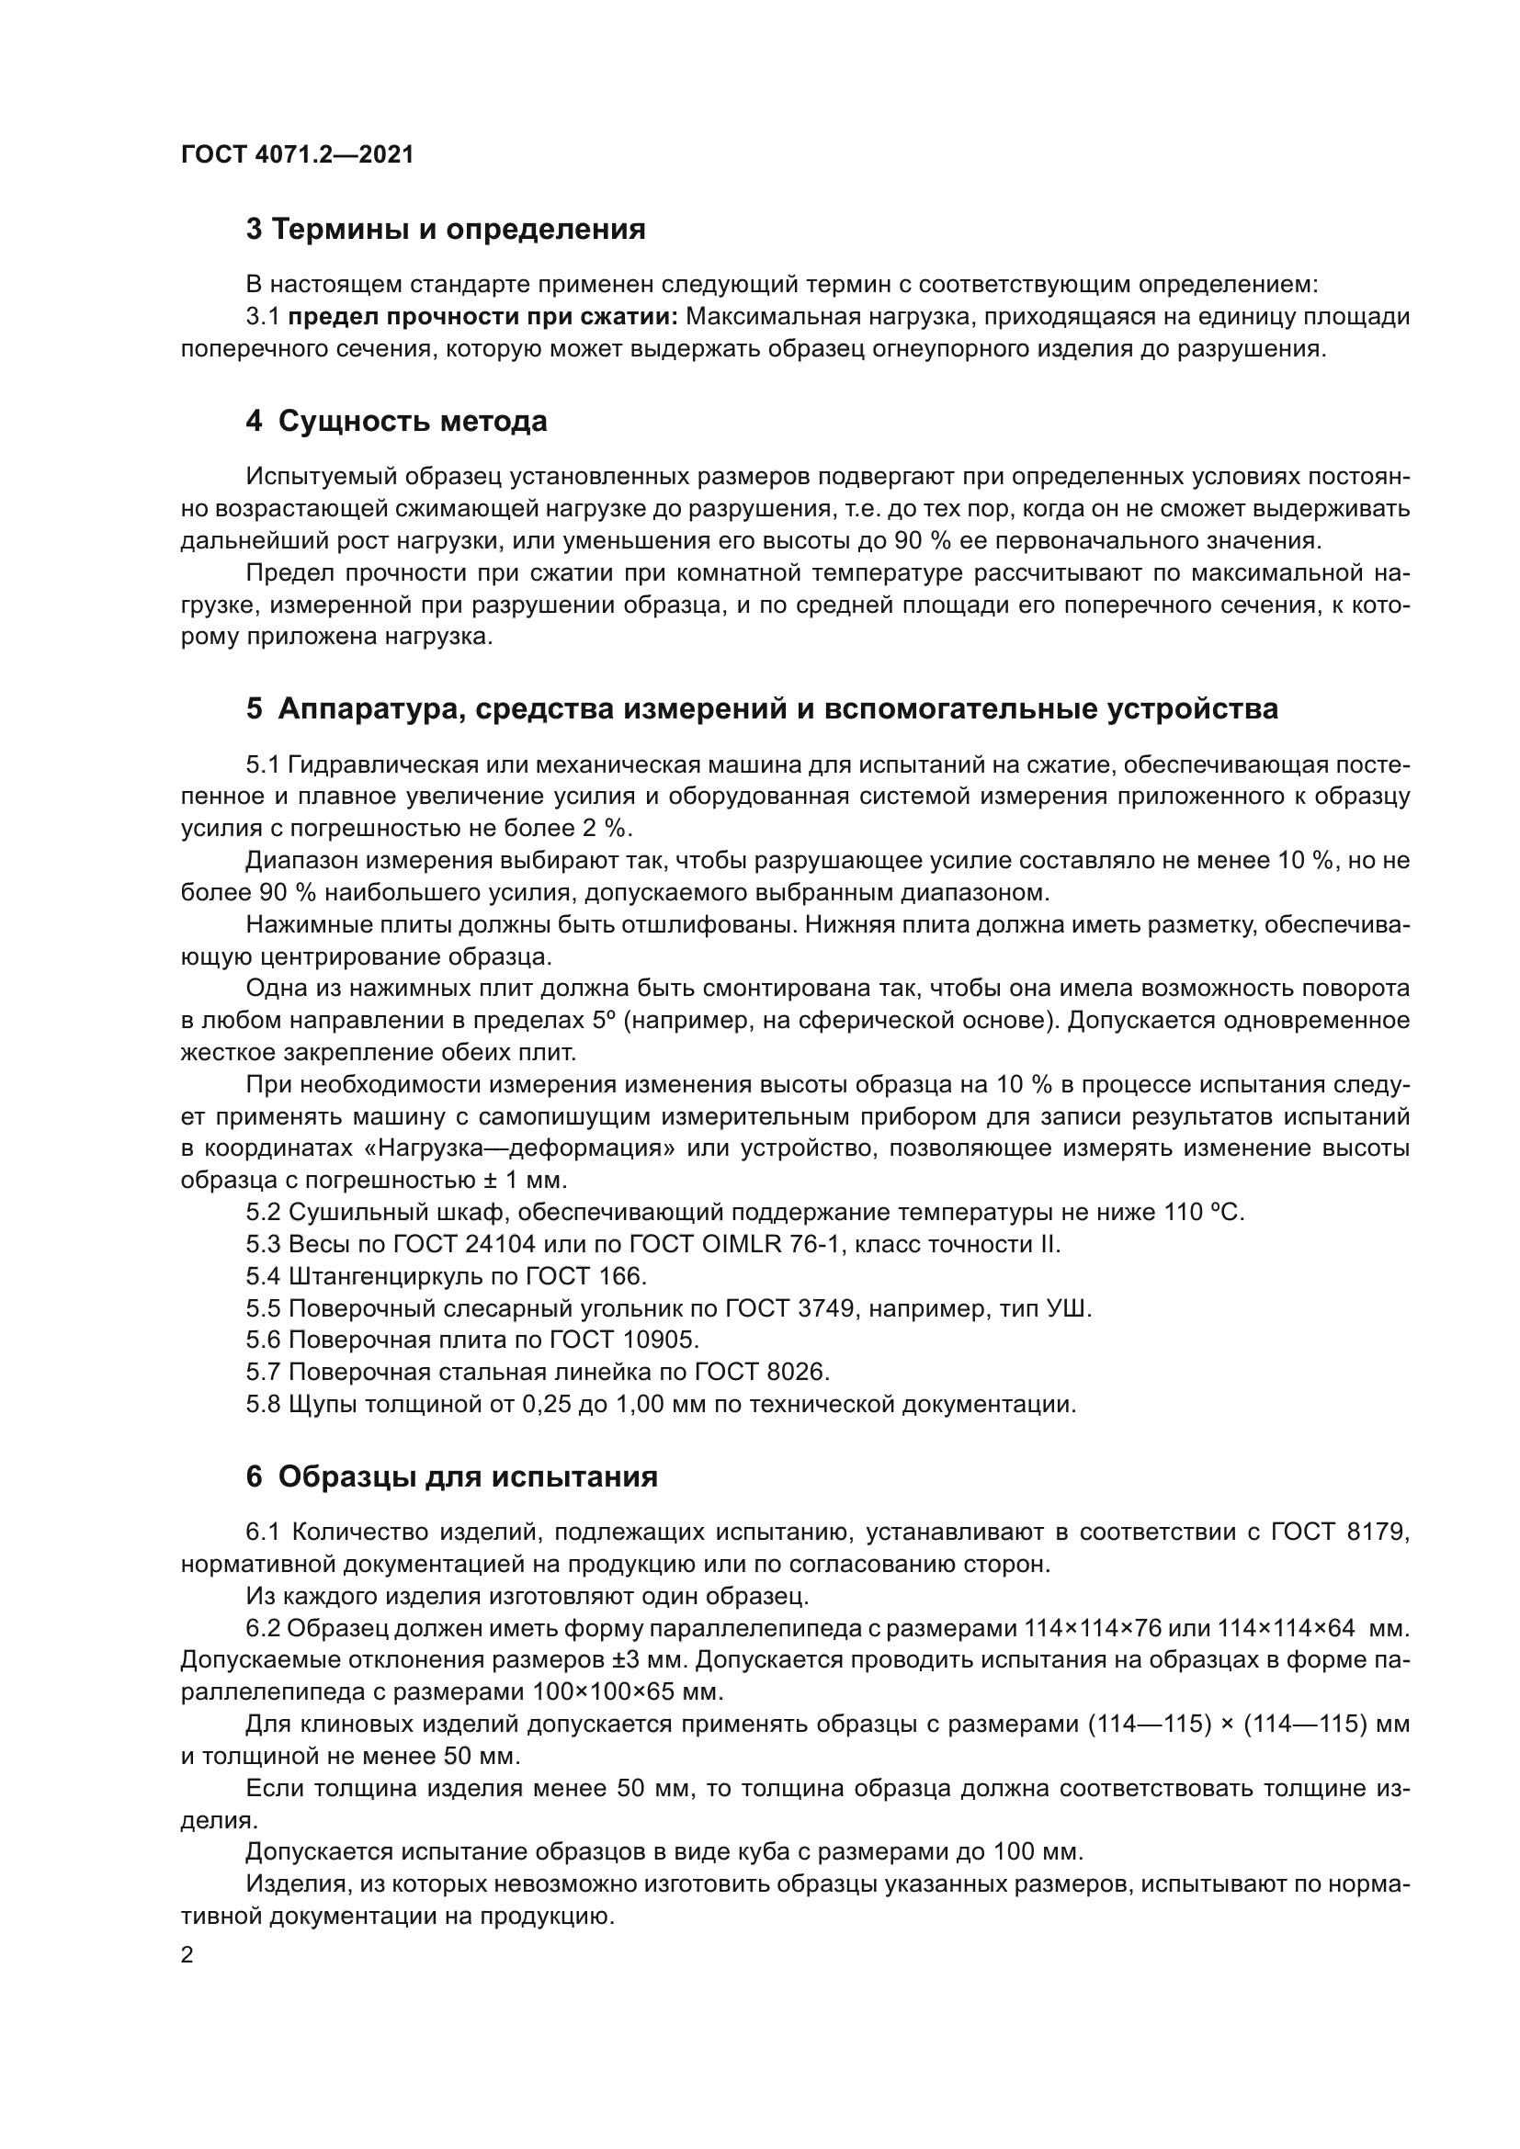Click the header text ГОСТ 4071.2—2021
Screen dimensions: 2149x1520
(297, 154)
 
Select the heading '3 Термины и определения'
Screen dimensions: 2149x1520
(446, 230)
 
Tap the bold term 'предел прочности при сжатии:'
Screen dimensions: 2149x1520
(483, 317)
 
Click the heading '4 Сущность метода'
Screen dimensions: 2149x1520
(397, 421)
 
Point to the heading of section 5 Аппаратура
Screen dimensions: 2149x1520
(762, 708)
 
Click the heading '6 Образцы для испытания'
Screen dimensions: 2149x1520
(452, 1476)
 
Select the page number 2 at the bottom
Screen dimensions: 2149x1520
(187, 1954)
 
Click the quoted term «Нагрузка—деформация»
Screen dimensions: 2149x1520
(527, 1148)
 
